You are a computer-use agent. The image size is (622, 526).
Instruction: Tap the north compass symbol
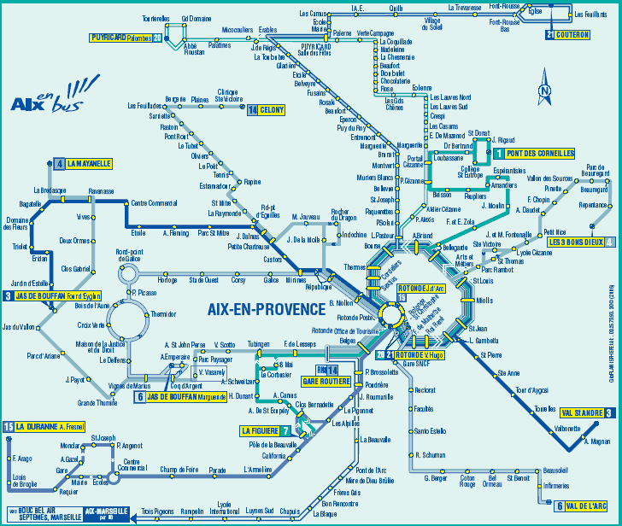(544, 89)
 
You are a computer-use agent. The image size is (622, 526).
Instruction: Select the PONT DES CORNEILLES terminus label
(539, 154)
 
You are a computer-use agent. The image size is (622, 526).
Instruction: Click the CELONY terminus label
(272, 110)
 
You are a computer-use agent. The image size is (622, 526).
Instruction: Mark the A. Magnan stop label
(597, 441)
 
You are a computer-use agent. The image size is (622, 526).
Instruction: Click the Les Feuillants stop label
(590, 15)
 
